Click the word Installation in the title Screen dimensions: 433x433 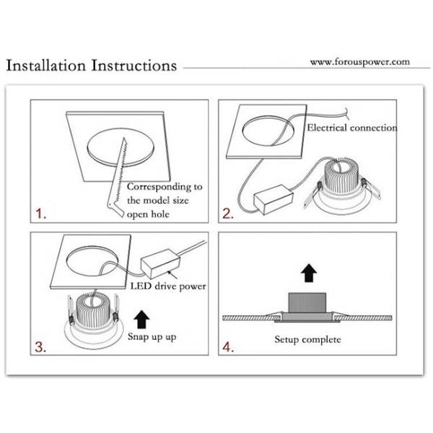click(46, 66)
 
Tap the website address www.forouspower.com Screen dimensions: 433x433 click(360, 62)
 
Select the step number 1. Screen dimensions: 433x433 click(41, 214)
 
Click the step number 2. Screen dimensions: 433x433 click(228, 214)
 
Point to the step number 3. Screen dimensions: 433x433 click(40, 347)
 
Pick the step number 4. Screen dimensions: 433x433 click(228, 347)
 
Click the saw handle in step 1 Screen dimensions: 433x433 click(115, 209)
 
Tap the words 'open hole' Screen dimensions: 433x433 click(148, 214)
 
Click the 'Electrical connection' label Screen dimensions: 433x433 click(352, 128)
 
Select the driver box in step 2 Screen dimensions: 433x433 click(274, 199)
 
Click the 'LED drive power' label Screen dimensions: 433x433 click(168, 287)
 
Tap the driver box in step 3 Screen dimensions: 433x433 click(160, 263)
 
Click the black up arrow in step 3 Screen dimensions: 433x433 click(141, 319)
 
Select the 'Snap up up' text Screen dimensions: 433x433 click(152, 337)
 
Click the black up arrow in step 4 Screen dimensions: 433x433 click(309, 273)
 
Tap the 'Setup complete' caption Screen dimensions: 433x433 click(307, 340)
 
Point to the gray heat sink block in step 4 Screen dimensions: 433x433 click(307, 303)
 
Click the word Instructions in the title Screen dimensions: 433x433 click(134, 66)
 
